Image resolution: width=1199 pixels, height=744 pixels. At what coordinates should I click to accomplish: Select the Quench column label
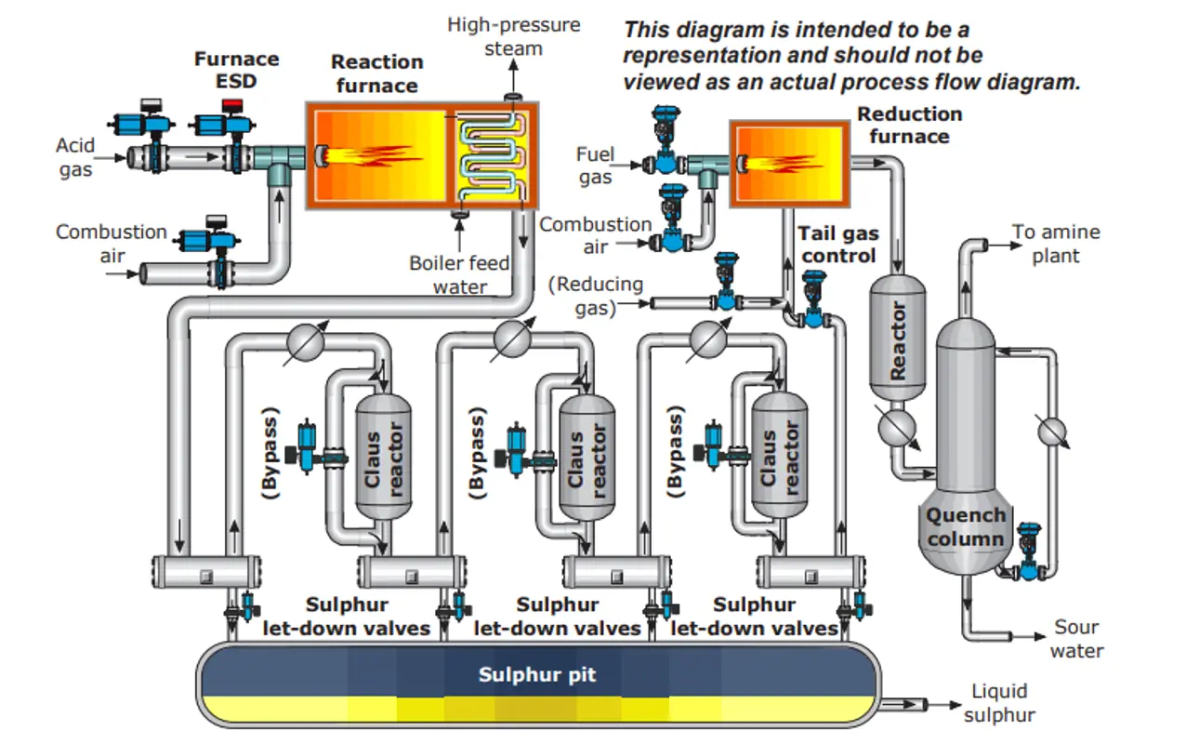(966, 527)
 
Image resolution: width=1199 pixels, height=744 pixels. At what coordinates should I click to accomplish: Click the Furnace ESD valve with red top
(231, 125)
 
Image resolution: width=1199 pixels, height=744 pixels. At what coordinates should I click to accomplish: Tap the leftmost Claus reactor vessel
(384, 456)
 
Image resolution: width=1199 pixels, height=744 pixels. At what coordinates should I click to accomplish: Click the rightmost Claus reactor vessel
(779, 456)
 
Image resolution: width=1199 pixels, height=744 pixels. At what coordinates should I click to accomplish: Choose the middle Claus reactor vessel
(586, 456)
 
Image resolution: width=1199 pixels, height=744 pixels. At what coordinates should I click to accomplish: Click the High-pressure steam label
(513, 36)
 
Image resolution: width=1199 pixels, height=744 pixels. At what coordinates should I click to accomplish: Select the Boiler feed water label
(459, 274)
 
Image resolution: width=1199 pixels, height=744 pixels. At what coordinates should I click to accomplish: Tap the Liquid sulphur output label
(999, 703)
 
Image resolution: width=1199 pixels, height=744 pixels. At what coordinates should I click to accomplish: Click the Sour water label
(1076, 639)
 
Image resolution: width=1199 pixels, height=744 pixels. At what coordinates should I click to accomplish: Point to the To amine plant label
(1056, 244)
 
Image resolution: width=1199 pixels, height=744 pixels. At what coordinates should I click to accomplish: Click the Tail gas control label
(838, 245)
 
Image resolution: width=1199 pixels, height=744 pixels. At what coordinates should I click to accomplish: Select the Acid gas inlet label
(75, 157)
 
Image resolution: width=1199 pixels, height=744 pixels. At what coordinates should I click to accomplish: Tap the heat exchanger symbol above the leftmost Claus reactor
(303, 341)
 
